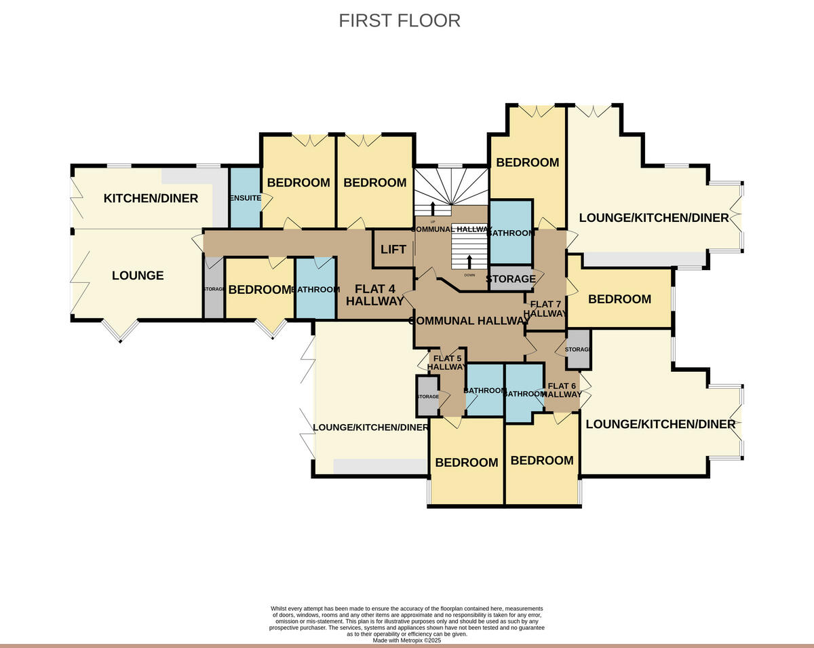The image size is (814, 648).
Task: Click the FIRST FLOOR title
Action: click(x=400, y=20)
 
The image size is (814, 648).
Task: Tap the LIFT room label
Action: click(x=393, y=250)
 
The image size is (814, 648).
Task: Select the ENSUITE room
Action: click(x=244, y=198)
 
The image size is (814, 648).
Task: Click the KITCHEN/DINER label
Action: click(x=151, y=198)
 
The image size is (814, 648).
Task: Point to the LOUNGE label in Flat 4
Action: click(x=138, y=275)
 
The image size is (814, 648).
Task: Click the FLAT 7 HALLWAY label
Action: click(x=546, y=309)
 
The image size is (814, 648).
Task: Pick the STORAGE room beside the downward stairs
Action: click(x=511, y=279)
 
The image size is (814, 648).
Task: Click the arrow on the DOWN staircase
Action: click(x=469, y=263)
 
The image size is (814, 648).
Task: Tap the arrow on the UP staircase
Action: click(x=433, y=207)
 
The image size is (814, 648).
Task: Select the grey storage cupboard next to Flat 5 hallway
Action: click(x=428, y=396)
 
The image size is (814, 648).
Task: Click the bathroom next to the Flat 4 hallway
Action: click(x=315, y=289)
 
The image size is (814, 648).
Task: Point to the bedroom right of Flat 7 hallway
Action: click(x=619, y=299)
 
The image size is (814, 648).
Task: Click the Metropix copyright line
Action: click(x=406, y=640)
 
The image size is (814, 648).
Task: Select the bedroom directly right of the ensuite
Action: click(x=298, y=183)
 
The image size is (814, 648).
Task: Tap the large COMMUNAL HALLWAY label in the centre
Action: click(x=468, y=321)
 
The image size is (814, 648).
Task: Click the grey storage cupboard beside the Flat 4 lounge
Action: click(x=213, y=290)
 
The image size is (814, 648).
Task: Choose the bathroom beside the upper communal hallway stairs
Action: click(x=511, y=233)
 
